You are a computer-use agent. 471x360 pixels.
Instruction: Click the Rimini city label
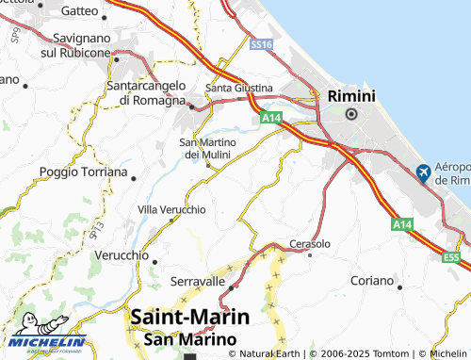pyautogui.click(x=351, y=95)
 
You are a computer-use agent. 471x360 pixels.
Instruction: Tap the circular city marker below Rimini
pyautogui.click(x=351, y=114)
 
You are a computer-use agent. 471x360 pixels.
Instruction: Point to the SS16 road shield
pyautogui.click(x=262, y=44)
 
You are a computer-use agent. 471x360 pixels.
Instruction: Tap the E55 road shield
pyautogui.click(x=453, y=256)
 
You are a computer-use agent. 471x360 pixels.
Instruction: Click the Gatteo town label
pyautogui.click(x=78, y=11)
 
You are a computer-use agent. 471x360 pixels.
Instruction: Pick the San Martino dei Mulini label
pyautogui.click(x=206, y=148)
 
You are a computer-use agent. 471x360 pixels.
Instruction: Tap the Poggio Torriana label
pyautogui.click(x=83, y=172)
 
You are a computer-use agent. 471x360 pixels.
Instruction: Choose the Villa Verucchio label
pyautogui.click(x=171, y=208)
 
